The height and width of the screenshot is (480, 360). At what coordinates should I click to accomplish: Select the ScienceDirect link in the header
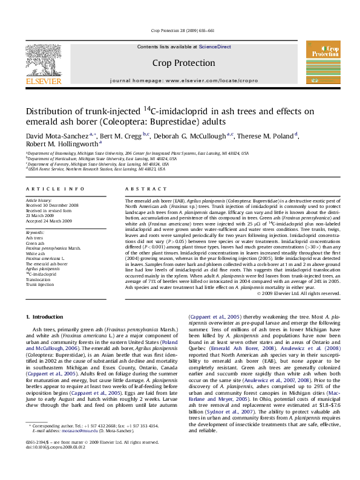(x=215, y=47)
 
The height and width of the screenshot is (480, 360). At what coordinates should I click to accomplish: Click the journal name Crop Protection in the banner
(x=183, y=63)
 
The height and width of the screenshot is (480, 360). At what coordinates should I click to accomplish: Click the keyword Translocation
(x=38, y=279)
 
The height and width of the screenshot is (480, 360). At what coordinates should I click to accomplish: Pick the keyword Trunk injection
(x=39, y=284)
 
